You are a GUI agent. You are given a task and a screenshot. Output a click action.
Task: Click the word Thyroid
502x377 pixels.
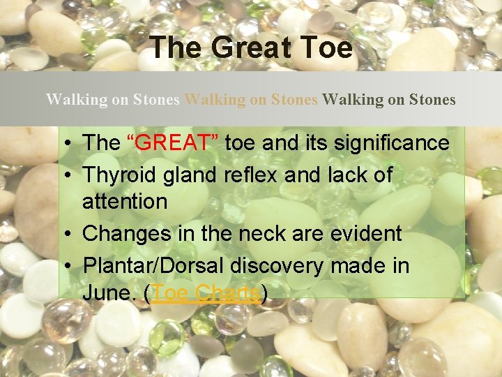point(120,175)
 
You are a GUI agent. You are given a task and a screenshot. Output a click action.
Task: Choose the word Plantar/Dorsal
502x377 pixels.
point(153,265)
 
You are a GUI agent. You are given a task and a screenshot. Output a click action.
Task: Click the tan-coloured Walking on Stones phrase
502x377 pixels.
point(250,100)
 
